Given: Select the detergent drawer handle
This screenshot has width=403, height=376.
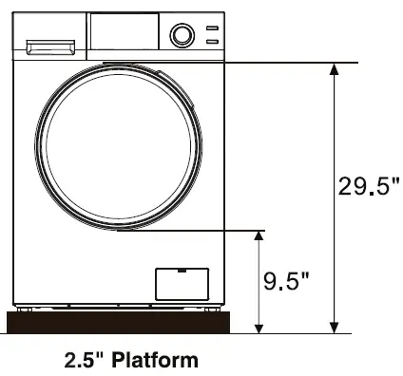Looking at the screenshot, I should pos(50,45).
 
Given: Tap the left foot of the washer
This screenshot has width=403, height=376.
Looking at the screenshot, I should pos(24,308).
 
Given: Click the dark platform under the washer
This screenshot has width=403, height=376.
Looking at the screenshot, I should pos(120,323).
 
